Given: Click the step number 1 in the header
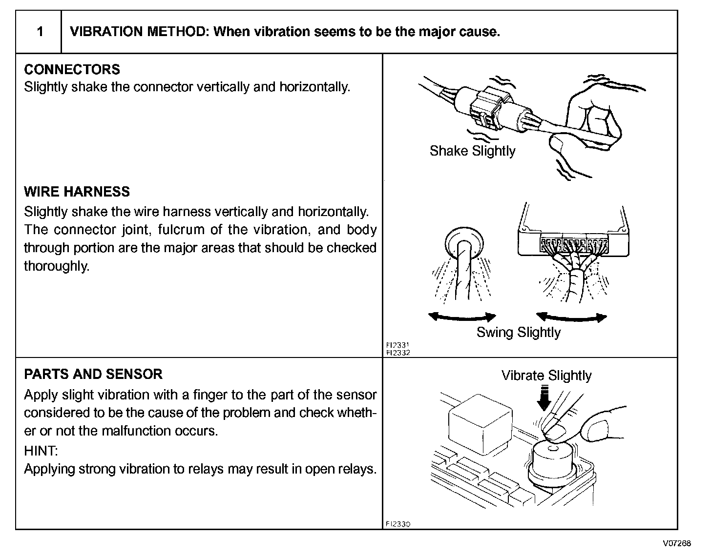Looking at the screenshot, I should [x=40, y=32].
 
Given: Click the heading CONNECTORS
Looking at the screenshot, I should [x=72, y=69].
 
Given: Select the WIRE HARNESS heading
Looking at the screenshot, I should [x=77, y=191].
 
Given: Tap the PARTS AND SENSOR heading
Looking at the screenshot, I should [x=93, y=374].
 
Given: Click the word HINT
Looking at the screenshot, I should [x=40, y=450].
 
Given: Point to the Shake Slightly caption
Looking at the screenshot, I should [x=472, y=151].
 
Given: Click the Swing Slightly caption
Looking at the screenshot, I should [x=518, y=333].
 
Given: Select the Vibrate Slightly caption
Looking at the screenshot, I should [x=546, y=376].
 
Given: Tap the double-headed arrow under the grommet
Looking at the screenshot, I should [x=462, y=317].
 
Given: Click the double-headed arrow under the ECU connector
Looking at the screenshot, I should [x=571, y=317].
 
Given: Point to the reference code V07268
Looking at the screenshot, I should [x=676, y=543].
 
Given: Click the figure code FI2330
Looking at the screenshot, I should [x=398, y=524].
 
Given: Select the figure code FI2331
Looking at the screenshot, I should [x=398, y=345].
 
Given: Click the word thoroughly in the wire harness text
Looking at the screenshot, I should [x=56, y=266].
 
